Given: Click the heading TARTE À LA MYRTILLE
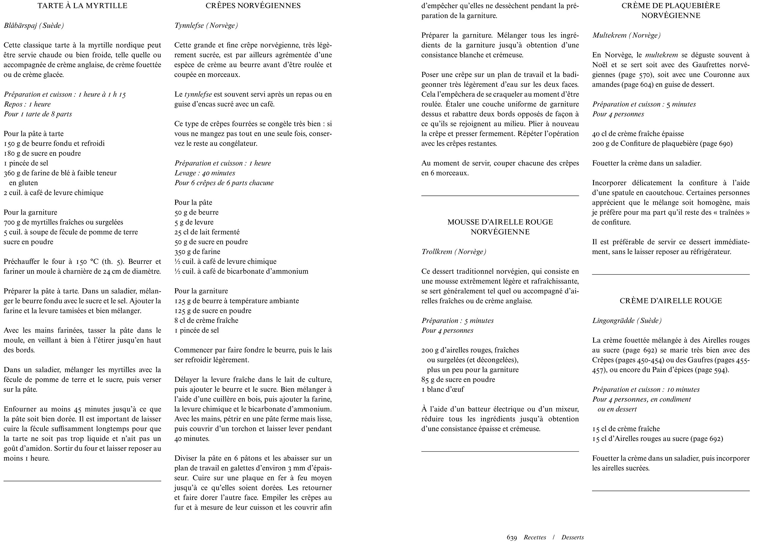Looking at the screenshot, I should (x=82, y=6).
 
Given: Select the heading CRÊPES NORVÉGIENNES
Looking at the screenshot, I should (x=253, y=6).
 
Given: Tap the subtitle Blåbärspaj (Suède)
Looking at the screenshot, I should (x=34, y=25).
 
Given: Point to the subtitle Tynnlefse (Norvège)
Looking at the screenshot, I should (x=206, y=25).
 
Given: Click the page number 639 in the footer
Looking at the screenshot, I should (x=512, y=537).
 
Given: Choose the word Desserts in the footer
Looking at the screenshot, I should (x=572, y=537).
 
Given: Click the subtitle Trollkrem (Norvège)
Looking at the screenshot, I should (x=454, y=252).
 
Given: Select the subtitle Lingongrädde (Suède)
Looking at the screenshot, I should (x=627, y=320).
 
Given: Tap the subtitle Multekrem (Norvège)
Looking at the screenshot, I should (x=626, y=35).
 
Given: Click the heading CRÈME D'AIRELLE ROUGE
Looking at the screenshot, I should (x=671, y=301).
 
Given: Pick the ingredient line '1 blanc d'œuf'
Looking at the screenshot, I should (x=442, y=389).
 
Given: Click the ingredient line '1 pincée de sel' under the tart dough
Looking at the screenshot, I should (x=26, y=163).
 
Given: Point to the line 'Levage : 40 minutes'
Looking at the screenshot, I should (x=205, y=173).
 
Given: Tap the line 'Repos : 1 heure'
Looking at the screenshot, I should (x=27, y=104).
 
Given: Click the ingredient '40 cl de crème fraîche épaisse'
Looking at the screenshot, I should (x=638, y=134).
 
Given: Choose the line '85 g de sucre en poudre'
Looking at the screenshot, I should (x=458, y=379).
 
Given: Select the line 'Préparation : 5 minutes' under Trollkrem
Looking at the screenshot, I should (x=457, y=321).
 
